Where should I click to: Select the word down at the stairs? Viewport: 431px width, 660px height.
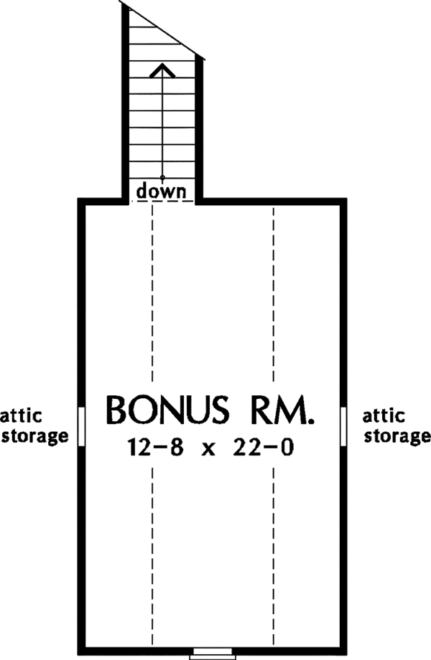pyautogui.click(x=162, y=191)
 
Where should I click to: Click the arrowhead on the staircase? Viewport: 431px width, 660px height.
pyautogui.click(x=163, y=69)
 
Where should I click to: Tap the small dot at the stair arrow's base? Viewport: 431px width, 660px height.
pyautogui.click(x=163, y=177)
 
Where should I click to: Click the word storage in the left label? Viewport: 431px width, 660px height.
pyautogui.click(x=34, y=436)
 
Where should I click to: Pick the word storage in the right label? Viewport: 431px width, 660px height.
pyautogui.click(x=397, y=436)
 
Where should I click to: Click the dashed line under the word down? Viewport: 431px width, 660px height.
pyautogui.click(x=163, y=202)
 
